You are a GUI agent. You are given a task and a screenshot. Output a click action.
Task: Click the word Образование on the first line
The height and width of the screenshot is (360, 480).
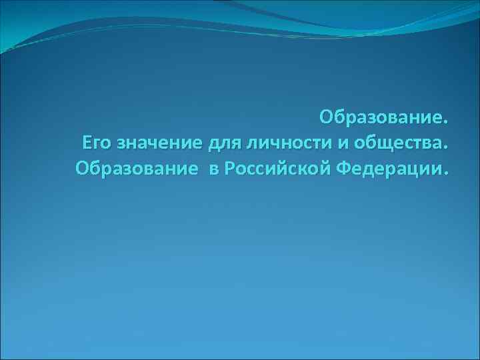tap(379, 117)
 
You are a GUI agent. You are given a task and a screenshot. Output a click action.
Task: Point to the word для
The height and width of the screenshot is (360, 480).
tap(224, 143)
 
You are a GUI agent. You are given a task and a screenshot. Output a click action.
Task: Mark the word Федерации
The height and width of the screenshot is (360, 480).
tap(387, 167)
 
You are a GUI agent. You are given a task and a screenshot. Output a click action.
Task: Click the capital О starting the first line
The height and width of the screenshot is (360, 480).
tap(326, 117)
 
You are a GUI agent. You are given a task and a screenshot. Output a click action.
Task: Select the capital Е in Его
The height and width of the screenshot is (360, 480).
tap(87, 143)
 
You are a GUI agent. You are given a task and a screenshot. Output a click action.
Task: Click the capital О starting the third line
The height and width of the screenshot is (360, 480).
tap(83, 167)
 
